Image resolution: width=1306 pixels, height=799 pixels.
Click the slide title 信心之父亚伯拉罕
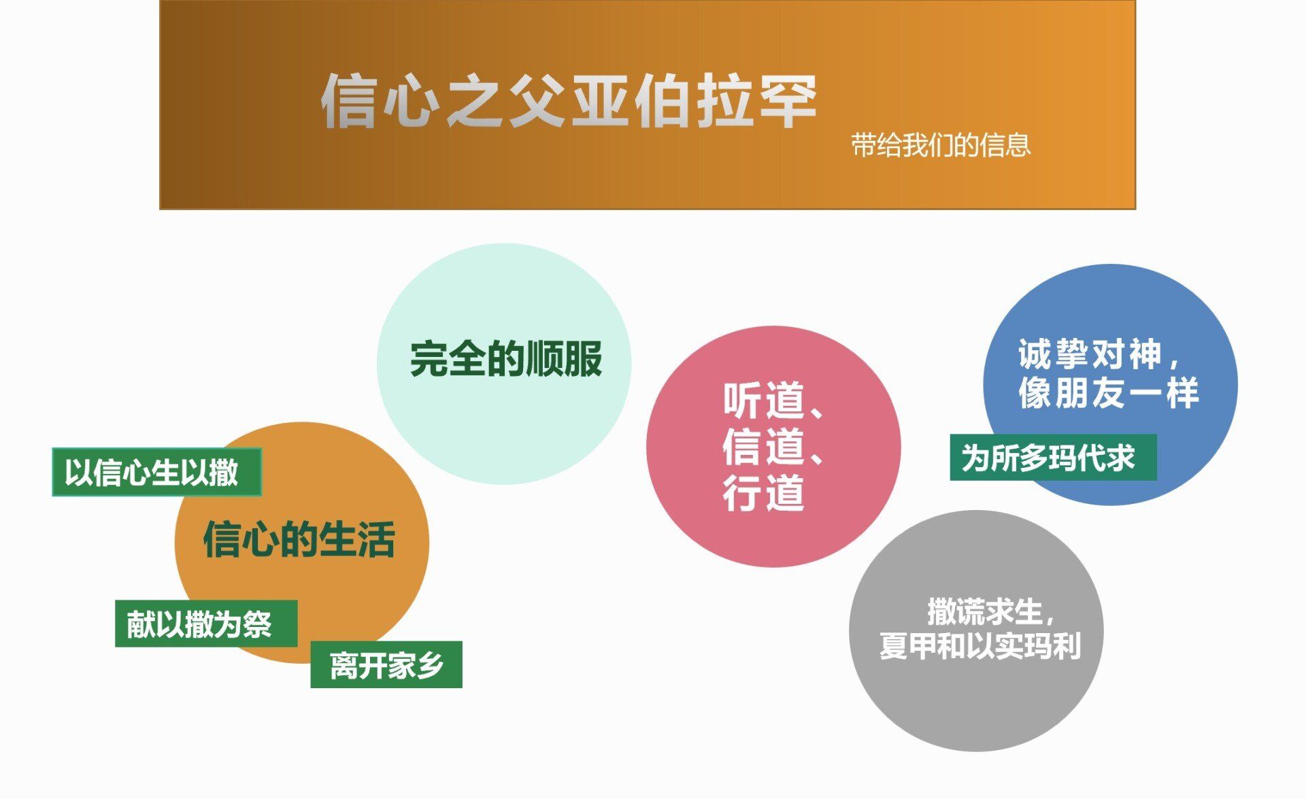[x=569, y=101]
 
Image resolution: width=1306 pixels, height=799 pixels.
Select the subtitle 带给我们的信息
[x=941, y=145]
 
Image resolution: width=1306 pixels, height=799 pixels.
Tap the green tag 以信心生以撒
[x=156, y=472]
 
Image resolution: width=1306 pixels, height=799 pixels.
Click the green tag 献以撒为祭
[x=206, y=624]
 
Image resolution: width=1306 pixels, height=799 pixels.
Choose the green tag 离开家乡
[x=386, y=665]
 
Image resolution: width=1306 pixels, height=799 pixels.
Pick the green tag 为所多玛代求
[x=1053, y=458]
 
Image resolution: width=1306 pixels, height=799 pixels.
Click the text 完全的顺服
[x=506, y=359]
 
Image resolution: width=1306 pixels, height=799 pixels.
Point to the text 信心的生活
[x=299, y=540]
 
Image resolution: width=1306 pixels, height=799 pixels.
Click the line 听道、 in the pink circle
[x=774, y=401]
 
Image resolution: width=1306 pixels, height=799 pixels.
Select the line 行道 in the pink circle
[x=764, y=493]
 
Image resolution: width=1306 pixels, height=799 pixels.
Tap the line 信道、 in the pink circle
[x=774, y=447]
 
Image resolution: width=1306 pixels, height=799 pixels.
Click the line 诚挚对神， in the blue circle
[x=1100, y=354]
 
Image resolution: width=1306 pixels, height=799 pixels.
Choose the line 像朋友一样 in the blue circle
[x=1108, y=393]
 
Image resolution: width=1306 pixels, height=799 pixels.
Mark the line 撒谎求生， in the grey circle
[x=991, y=612]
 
